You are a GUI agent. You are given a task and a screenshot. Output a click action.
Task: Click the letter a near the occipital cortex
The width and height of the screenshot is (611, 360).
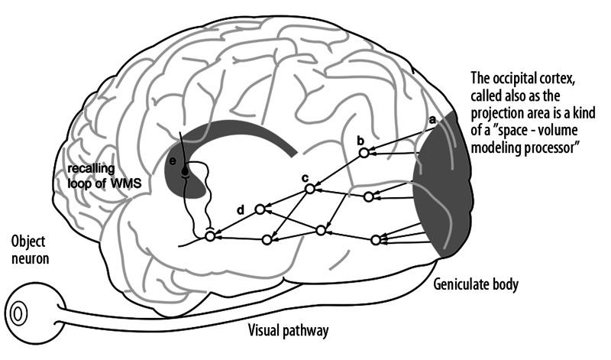432,120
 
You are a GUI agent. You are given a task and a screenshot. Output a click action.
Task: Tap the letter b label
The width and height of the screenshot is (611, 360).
360,140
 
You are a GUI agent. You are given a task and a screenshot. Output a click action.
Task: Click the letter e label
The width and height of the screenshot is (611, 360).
173,162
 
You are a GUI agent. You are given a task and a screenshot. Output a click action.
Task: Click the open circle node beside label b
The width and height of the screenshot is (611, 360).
364,153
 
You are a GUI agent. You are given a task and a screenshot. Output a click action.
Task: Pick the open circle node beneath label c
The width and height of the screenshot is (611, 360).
309,189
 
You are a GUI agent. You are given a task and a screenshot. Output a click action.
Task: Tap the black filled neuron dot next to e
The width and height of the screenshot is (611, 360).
184,174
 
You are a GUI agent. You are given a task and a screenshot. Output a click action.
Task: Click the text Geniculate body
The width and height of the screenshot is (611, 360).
476,284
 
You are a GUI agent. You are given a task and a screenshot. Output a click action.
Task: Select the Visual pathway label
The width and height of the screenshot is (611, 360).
289,331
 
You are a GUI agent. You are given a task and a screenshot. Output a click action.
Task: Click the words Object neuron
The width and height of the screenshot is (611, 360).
30,250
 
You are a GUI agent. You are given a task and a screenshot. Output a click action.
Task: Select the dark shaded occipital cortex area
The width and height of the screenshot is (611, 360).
443,191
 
